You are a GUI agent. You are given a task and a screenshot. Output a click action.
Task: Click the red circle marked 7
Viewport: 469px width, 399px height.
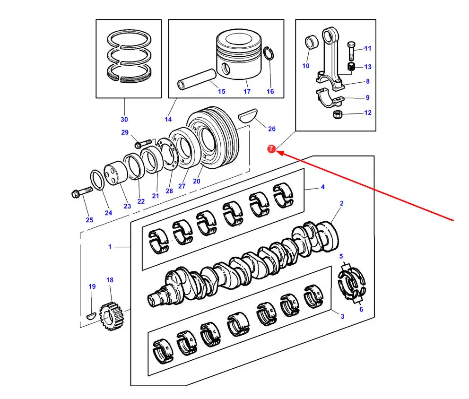coord(271,149)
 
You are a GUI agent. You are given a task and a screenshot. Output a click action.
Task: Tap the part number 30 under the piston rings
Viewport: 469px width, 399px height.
coord(124,119)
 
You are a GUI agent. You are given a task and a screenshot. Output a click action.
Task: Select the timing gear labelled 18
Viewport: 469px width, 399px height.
coord(111,316)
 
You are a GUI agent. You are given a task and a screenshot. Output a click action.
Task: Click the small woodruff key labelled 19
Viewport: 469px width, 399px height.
coord(91,315)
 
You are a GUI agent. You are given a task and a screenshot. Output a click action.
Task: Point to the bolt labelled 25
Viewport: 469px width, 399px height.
coord(82,192)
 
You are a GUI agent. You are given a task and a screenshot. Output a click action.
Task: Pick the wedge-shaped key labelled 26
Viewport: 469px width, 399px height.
coord(248,115)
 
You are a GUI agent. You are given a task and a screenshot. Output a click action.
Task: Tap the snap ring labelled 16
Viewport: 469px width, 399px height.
coord(269,53)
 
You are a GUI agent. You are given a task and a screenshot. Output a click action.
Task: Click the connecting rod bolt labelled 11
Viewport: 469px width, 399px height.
coord(351,51)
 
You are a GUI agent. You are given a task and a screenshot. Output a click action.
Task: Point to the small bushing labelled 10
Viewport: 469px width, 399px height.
coord(312,42)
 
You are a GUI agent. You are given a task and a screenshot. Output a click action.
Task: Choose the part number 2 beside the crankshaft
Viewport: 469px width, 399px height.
coord(341,203)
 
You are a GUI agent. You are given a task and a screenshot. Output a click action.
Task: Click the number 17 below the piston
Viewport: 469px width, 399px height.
coord(247,91)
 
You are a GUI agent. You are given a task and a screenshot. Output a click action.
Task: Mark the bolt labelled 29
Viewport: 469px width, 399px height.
coord(143,144)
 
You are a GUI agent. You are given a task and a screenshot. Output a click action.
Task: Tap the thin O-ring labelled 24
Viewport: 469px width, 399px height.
coord(97,180)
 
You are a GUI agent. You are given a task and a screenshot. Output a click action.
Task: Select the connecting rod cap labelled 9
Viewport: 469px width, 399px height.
coord(330,97)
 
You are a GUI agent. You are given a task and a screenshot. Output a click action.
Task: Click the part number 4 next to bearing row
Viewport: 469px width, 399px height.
coord(322,187)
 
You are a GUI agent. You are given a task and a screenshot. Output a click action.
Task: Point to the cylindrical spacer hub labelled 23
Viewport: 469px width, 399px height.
coord(115,173)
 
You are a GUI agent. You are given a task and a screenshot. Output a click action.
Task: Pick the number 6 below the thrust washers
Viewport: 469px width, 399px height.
coord(361,309)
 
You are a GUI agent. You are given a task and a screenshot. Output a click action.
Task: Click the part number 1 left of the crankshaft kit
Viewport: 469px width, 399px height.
coord(110,247)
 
